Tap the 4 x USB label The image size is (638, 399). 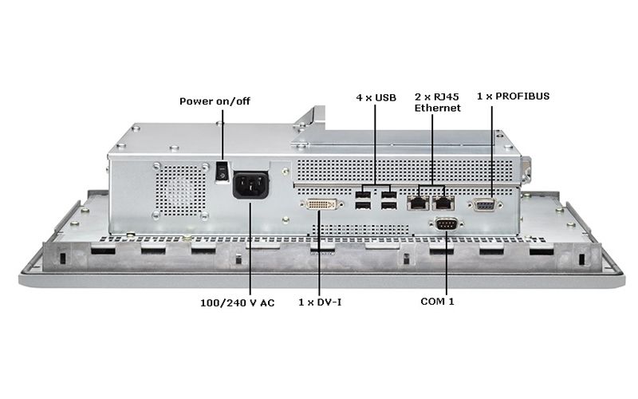click(x=376, y=97)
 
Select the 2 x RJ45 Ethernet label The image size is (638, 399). click(x=437, y=102)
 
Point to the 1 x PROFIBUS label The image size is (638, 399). click(x=513, y=96)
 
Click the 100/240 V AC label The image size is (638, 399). click(x=237, y=303)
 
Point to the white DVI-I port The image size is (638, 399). click(x=321, y=205)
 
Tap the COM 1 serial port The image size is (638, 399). click(x=446, y=224)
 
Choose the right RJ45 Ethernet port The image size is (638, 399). click(x=443, y=203)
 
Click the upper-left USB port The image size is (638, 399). click(x=364, y=195)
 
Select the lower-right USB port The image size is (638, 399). click(x=388, y=207)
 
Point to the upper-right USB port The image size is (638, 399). click(x=388, y=195)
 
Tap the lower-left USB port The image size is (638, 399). click(x=364, y=207)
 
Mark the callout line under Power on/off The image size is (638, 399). click(x=223, y=136)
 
